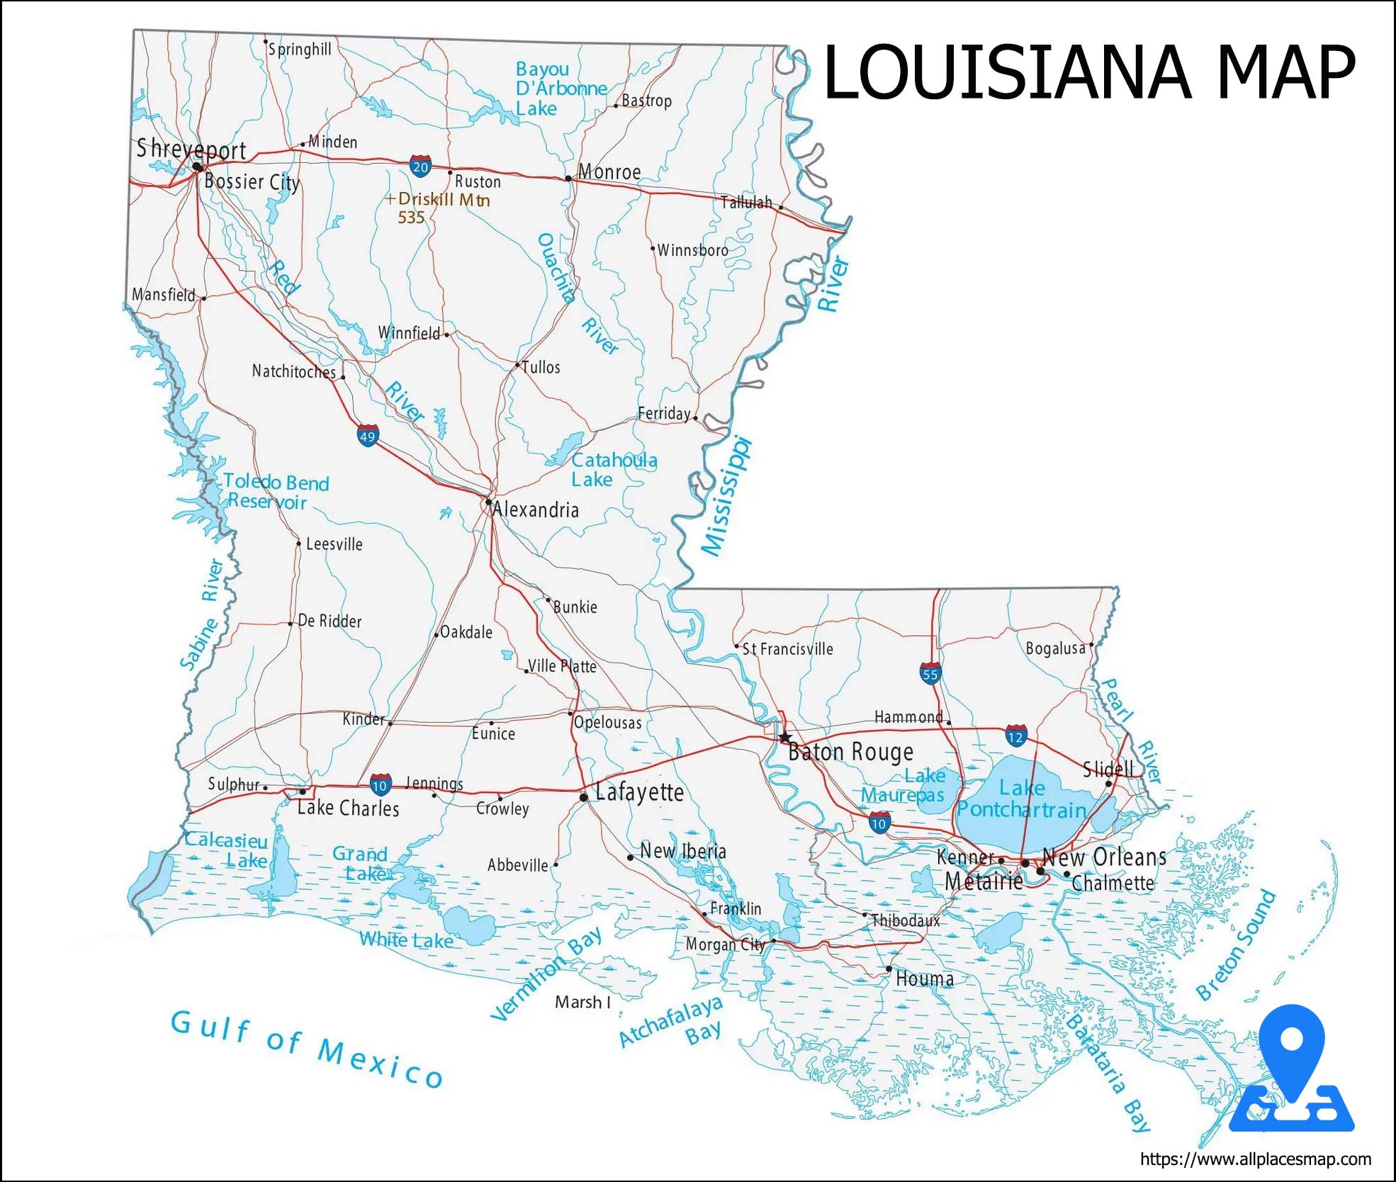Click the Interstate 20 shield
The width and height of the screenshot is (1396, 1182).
pos(420,167)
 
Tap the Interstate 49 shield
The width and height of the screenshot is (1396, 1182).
pos(367,436)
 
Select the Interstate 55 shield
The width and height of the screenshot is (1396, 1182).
pos(930,674)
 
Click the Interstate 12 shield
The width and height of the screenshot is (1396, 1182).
pos(1015,736)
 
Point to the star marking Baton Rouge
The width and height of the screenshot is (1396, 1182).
pos(784,737)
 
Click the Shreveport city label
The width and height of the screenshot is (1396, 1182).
pos(191,150)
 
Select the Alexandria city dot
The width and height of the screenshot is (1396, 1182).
pos(488,502)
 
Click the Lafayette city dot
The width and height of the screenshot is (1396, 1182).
pos(583,797)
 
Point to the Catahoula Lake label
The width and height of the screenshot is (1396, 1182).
pos(614,470)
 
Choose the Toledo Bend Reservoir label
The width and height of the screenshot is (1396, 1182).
pos(276,492)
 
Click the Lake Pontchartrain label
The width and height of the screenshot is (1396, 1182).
pos(1022,799)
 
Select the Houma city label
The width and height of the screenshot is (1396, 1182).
pos(924,979)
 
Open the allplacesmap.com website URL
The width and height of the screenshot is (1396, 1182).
pos(1255,1159)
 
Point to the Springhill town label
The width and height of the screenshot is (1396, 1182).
pos(300,50)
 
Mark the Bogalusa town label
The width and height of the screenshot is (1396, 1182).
pos(1055,648)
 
